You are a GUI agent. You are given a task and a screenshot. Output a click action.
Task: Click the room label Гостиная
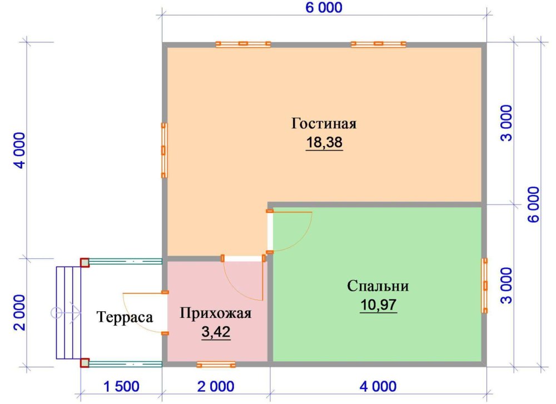[324, 124]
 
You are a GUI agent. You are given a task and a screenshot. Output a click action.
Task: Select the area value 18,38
[324, 142]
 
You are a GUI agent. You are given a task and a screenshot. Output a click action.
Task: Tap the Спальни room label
[378, 286]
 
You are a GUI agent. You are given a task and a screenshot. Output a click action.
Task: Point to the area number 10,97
[378, 305]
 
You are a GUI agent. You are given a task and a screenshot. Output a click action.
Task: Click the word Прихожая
[216, 313]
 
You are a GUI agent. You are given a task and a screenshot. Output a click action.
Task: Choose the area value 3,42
[216, 332]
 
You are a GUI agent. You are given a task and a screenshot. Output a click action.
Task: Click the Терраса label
[125, 317]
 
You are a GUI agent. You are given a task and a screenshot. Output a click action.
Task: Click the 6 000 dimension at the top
[324, 8]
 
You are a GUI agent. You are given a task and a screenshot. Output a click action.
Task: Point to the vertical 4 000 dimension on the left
[20, 150]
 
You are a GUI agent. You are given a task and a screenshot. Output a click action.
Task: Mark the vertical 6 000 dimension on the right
[534, 205]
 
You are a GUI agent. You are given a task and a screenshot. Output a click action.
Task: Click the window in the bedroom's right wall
[484, 286]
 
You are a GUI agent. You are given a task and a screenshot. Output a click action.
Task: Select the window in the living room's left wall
[164, 150]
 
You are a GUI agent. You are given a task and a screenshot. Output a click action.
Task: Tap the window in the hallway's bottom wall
[216, 365]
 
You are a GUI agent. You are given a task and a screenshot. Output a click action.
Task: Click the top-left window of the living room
[244, 44]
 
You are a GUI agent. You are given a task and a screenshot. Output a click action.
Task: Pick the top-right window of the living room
[378, 44]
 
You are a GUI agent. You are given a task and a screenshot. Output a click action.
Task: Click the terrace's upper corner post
[85, 263]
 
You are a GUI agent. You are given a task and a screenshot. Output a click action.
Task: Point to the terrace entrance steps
[68, 313]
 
